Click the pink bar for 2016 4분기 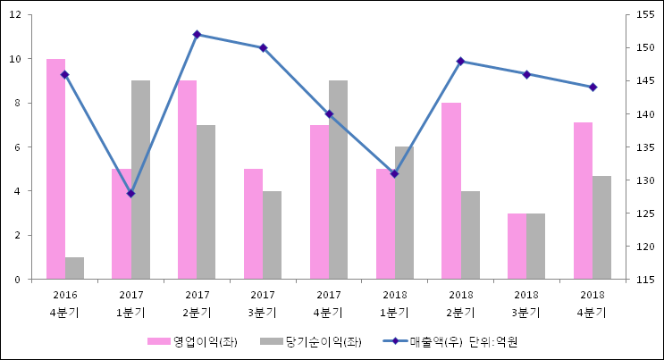tap(55, 169)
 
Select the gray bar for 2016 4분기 tap(74, 268)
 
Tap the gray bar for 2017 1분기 tap(140, 180)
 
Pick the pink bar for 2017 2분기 tap(187, 180)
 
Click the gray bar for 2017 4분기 tap(338, 180)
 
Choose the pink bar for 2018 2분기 tap(451, 191)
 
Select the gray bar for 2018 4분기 tap(601, 228)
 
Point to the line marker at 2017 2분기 tap(197, 35)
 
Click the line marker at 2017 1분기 tap(130, 193)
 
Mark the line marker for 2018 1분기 tap(394, 173)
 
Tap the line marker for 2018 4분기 tap(592, 88)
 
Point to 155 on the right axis tap(642, 15)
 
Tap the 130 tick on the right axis tap(642, 180)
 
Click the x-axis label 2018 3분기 tap(525, 304)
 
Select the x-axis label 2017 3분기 tap(263, 304)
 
